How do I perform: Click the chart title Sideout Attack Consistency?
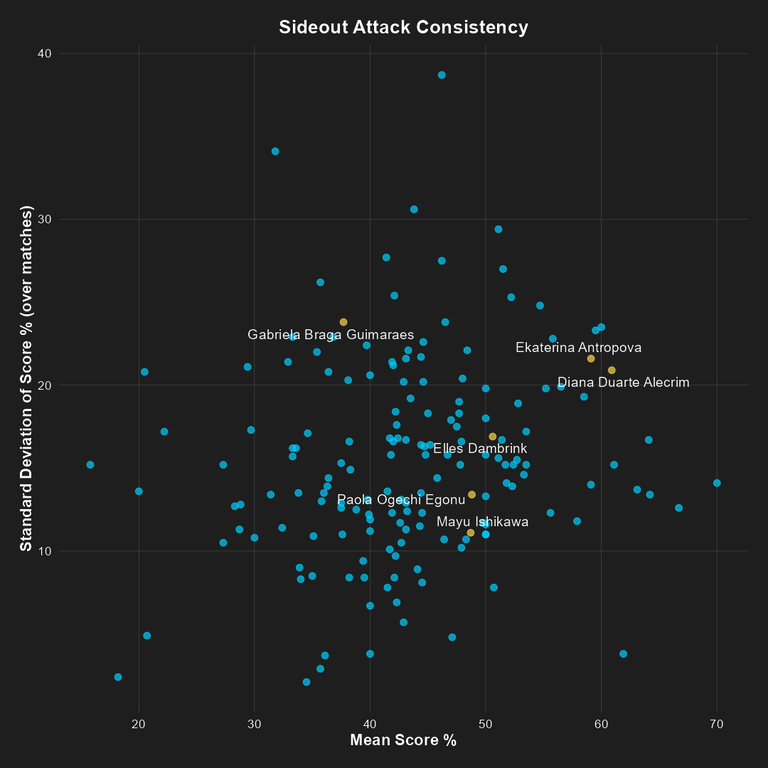pos(403,28)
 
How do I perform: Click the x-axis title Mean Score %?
pos(403,740)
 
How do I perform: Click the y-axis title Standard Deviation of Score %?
pos(26,378)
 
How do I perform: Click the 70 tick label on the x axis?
pos(717,724)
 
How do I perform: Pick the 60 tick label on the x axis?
pos(602,724)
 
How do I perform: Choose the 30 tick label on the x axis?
pos(255,724)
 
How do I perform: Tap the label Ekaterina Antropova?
pos(578,348)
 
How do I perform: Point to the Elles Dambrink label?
pos(480,449)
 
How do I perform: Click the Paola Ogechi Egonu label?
pos(401,500)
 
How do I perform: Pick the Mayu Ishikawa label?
pos(482,522)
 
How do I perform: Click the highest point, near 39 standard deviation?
pos(442,75)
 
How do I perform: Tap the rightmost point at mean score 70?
pos(717,483)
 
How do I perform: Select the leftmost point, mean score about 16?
pos(90,464)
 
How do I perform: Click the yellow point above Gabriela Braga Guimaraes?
pos(343,322)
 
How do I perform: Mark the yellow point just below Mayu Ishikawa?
pos(471,533)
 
